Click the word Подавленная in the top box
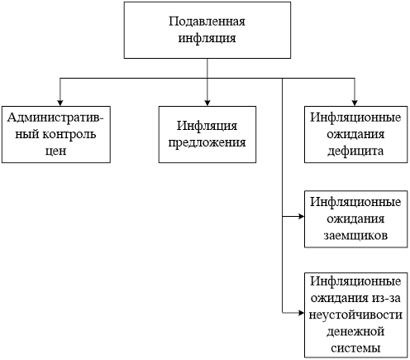click(x=207, y=22)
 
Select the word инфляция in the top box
click(x=207, y=38)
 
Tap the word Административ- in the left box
click(x=55, y=118)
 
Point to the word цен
click(x=55, y=151)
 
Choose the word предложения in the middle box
click(x=207, y=143)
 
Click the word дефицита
click(x=355, y=151)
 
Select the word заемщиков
click(x=355, y=236)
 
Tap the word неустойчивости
click(x=355, y=314)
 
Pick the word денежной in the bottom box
click(x=355, y=331)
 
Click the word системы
click(x=355, y=348)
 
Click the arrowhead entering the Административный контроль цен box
click(x=60, y=103)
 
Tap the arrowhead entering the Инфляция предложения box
click(x=207, y=103)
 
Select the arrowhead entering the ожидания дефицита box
click(x=355, y=103)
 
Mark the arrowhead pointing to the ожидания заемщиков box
click(x=301, y=217)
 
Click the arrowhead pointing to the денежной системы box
click(x=301, y=313)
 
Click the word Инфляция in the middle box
click(x=207, y=126)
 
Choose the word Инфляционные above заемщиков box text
click(x=355, y=202)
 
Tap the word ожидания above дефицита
click(x=355, y=134)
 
